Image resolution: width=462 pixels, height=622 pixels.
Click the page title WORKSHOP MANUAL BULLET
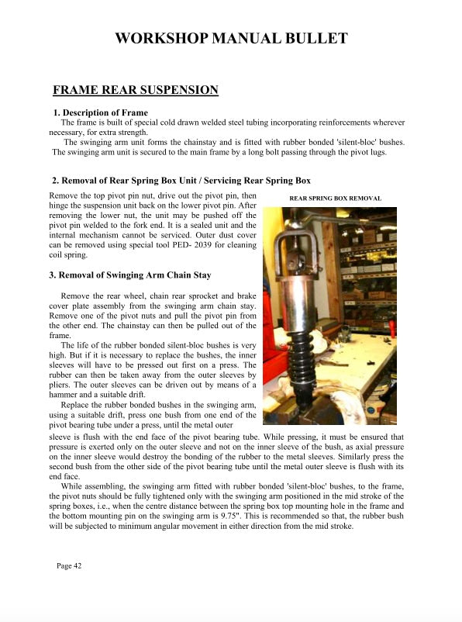click(x=230, y=38)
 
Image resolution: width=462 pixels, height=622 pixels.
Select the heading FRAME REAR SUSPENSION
click(x=135, y=91)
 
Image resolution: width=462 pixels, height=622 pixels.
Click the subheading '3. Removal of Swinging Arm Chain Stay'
click(x=129, y=275)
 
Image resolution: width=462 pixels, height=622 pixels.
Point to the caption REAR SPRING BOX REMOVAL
click(x=335, y=199)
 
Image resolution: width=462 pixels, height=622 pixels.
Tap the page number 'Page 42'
click(x=69, y=565)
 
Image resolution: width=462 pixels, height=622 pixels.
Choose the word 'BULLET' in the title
click(x=315, y=38)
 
